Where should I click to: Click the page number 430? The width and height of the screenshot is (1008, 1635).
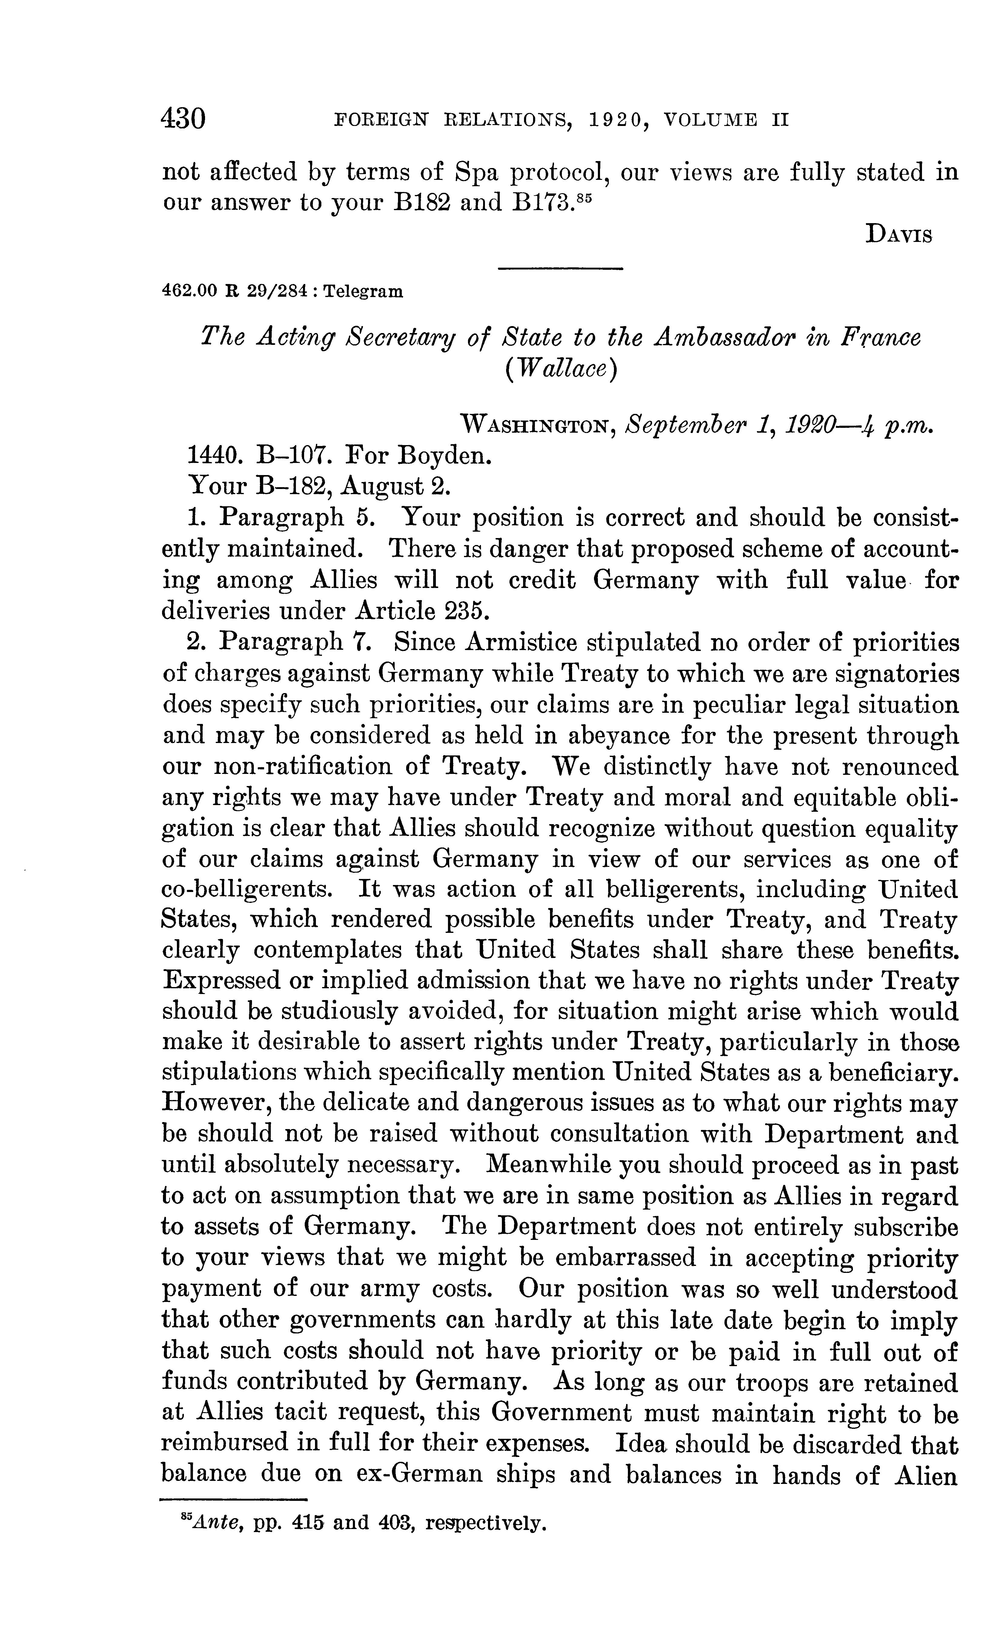[x=183, y=120]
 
